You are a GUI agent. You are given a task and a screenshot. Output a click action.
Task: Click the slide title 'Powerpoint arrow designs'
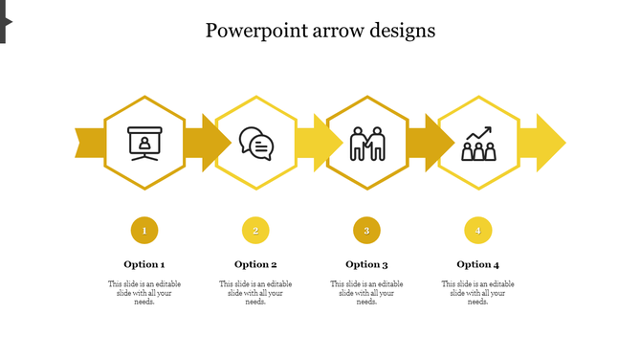pos(320,31)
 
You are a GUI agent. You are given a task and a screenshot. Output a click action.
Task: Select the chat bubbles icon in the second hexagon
pos(255,144)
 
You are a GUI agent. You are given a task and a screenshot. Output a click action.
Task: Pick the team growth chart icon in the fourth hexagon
pos(478,144)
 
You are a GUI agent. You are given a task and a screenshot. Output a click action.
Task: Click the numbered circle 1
pos(144,230)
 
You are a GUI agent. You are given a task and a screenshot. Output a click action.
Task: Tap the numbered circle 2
pos(255,230)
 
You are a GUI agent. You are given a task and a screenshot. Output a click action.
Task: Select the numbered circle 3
pos(366,230)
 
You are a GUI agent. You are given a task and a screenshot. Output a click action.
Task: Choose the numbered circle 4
pos(477,230)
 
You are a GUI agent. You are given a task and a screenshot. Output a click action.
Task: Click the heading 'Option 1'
pos(144,264)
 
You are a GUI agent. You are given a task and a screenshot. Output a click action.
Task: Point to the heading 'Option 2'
pos(255,264)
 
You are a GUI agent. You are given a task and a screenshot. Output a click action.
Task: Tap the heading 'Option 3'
pos(366,264)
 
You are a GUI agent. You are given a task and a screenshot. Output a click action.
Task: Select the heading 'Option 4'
pos(477,264)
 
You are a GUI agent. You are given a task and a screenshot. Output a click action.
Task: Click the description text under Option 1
pos(144,293)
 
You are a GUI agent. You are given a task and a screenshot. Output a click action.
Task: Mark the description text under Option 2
pos(255,293)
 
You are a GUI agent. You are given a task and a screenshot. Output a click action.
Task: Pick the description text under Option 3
pos(366,293)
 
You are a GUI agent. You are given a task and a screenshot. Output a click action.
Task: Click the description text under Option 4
pos(477,293)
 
